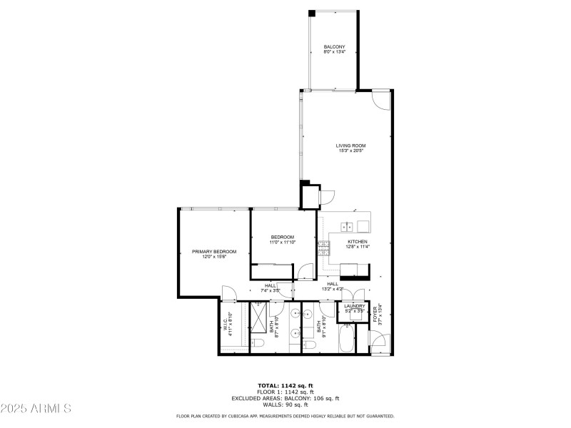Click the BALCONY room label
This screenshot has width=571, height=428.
click(x=334, y=47)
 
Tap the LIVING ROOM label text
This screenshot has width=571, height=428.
click(x=350, y=146)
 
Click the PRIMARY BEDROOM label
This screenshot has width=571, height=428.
click(x=214, y=252)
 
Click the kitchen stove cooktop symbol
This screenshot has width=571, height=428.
click(x=325, y=248)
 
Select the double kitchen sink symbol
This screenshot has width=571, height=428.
click(x=348, y=228)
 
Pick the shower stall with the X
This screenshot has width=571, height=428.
click(x=258, y=317)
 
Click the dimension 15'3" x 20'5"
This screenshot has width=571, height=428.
click(x=350, y=151)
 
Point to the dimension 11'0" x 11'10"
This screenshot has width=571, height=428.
click(x=281, y=243)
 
